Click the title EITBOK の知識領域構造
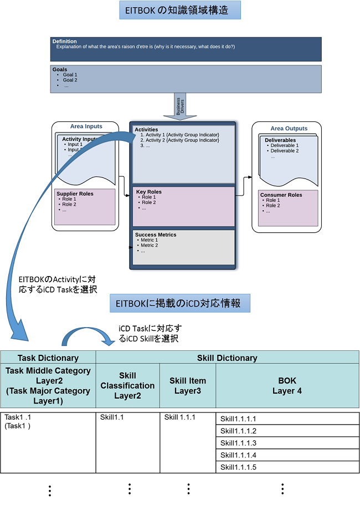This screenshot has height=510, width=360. tap(180, 10)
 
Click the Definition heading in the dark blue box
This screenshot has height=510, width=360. tap(65, 42)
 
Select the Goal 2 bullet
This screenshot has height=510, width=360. tap(70, 80)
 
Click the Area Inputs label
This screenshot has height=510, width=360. tap(86, 127)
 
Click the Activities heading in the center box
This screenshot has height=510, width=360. tap(146, 130)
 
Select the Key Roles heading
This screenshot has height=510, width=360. tap(149, 192)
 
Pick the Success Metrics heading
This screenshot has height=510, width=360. tap(156, 234)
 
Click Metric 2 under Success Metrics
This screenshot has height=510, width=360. tap(149, 245)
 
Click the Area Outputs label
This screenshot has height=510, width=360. tap(289, 129)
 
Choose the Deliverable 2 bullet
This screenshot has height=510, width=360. tap(284, 151)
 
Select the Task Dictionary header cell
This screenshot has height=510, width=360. tap(48, 358)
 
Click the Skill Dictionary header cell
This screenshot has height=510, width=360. tap(227, 358)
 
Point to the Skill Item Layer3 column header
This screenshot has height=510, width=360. tap(188, 386)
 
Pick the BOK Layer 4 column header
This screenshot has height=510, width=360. tap(287, 386)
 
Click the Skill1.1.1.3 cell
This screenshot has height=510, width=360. tap(238, 443)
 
